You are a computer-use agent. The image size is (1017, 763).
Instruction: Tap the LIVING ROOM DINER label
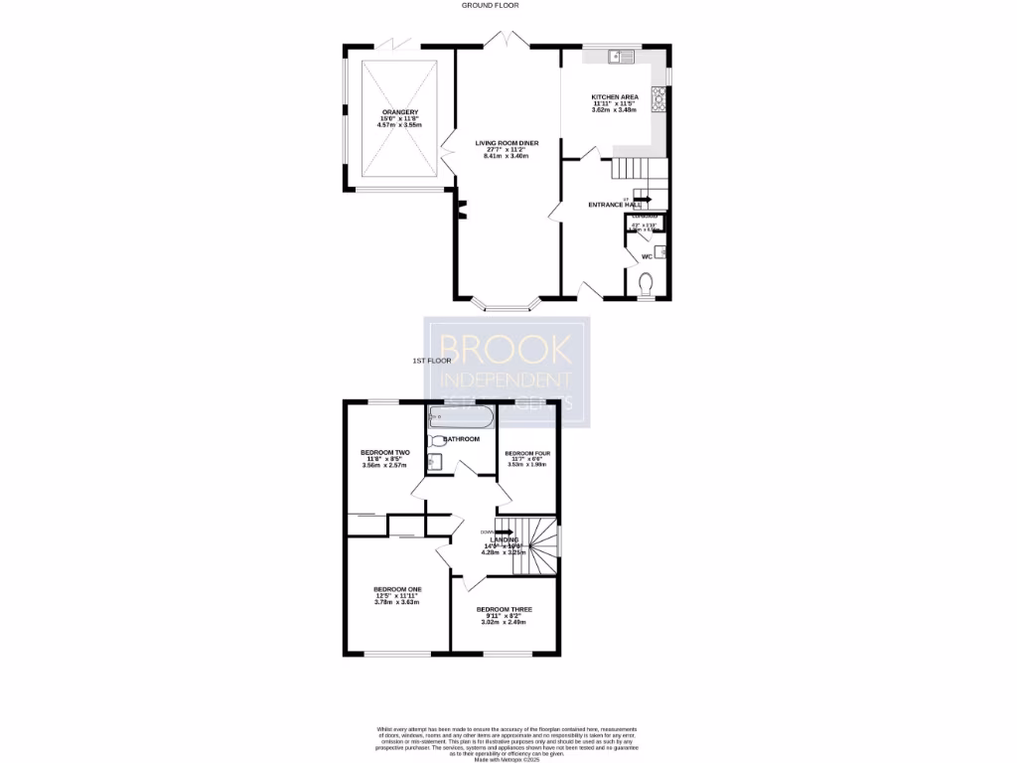tap(507, 144)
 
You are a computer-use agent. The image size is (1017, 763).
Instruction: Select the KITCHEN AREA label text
tap(615, 96)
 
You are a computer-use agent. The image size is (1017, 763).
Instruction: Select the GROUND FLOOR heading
tap(491, 5)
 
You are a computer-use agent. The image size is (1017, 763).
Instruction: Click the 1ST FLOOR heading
tap(433, 361)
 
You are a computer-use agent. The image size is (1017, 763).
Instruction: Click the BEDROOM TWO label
tap(385, 452)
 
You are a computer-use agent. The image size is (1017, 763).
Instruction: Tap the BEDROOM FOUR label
tap(527, 452)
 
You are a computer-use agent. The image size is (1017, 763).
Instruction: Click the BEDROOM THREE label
tap(504, 609)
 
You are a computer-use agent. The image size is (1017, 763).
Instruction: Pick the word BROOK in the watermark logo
tap(508, 349)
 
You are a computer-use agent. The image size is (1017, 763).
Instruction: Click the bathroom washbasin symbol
tap(434, 460)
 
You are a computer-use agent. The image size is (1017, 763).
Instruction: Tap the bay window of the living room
tap(507, 304)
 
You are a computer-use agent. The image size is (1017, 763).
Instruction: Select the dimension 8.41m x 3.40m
tap(507, 157)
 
